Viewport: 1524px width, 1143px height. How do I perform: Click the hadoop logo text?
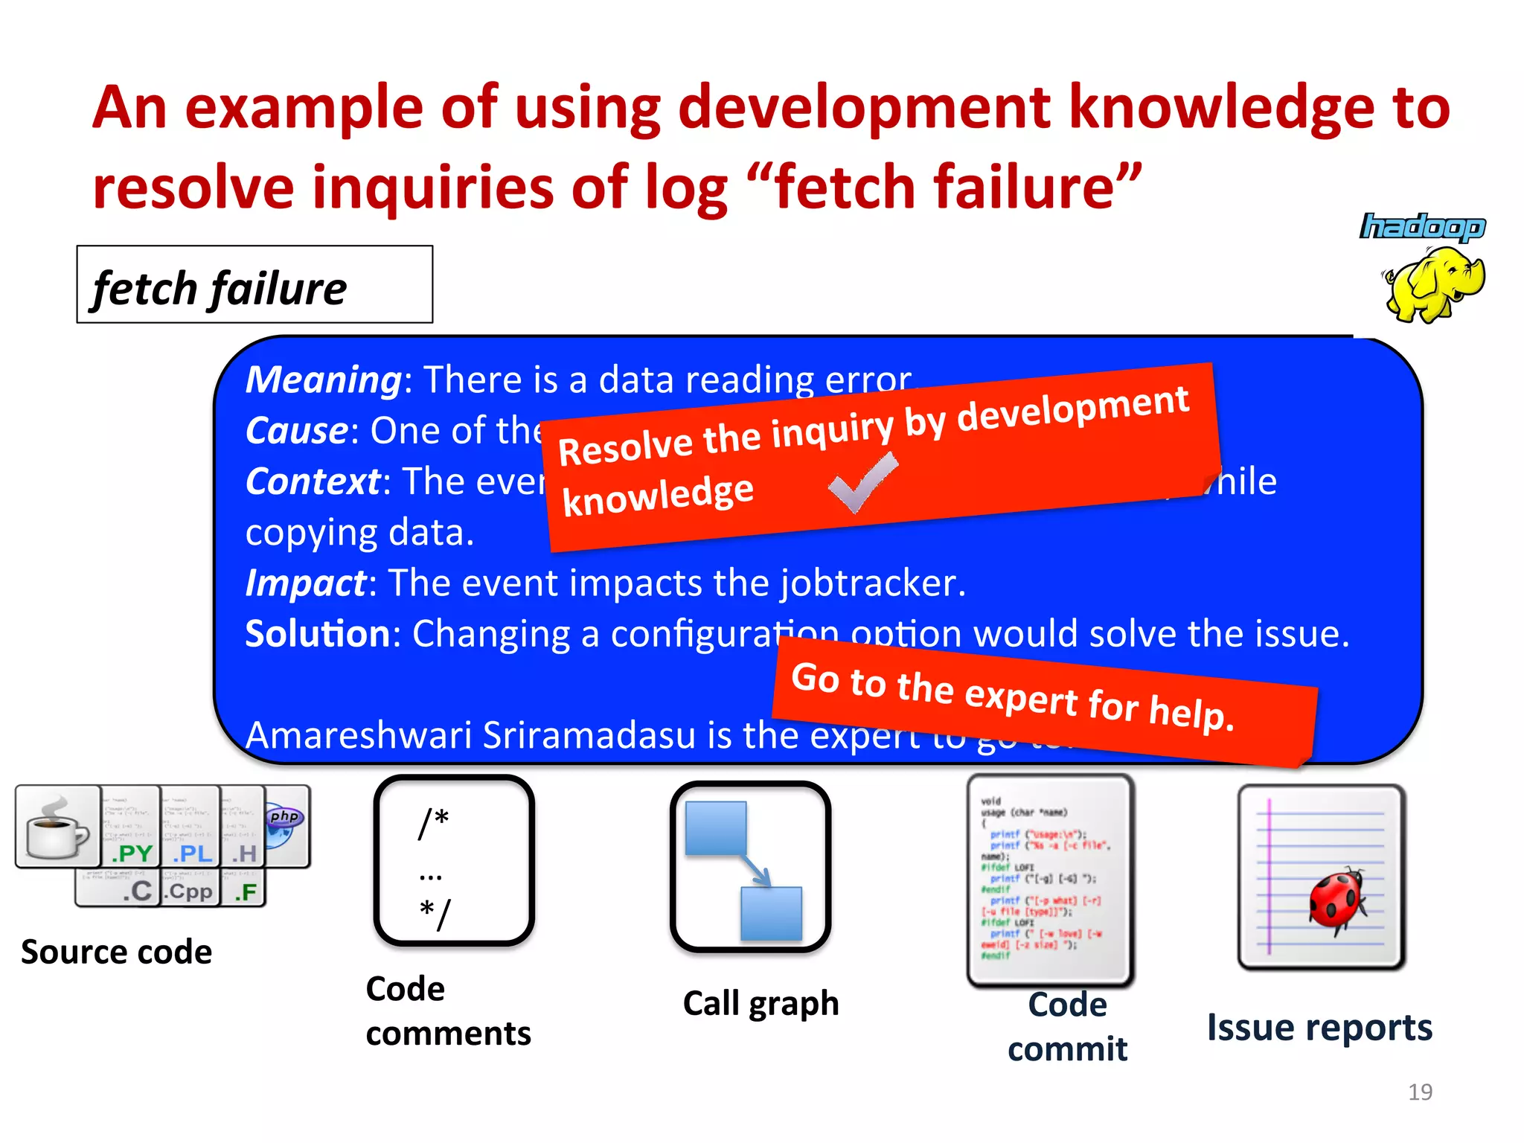pyautogui.click(x=1422, y=227)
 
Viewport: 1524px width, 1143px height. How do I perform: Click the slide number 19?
pyautogui.click(x=1420, y=1092)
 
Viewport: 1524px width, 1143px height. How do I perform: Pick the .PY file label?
pyautogui.click(x=132, y=853)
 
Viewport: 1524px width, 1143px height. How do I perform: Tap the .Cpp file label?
pyautogui.click(x=190, y=891)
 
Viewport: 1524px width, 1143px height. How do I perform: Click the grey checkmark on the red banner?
pyautogui.click(x=863, y=484)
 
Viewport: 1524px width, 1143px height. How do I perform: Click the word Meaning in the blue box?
pyautogui.click(x=324, y=380)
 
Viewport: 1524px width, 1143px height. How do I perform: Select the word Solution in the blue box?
pyautogui.click(x=318, y=634)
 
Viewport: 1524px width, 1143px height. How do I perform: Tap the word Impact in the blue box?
pyautogui.click(x=306, y=583)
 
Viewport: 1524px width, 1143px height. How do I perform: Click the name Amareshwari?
pyautogui.click(x=359, y=735)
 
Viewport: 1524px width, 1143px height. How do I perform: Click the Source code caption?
pyautogui.click(x=117, y=952)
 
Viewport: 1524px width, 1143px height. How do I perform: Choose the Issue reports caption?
pyautogui.click(x=1319, y=1028)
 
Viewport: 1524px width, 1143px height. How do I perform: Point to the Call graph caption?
pyautogui.click(x=761, y=1003)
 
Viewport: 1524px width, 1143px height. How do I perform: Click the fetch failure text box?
pyautogui.click(x=254, y=286)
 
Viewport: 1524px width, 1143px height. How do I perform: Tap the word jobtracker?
pyautogui.click(x=872, y=583)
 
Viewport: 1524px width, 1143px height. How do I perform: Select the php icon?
pyautogui.click(x=284, y=819)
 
